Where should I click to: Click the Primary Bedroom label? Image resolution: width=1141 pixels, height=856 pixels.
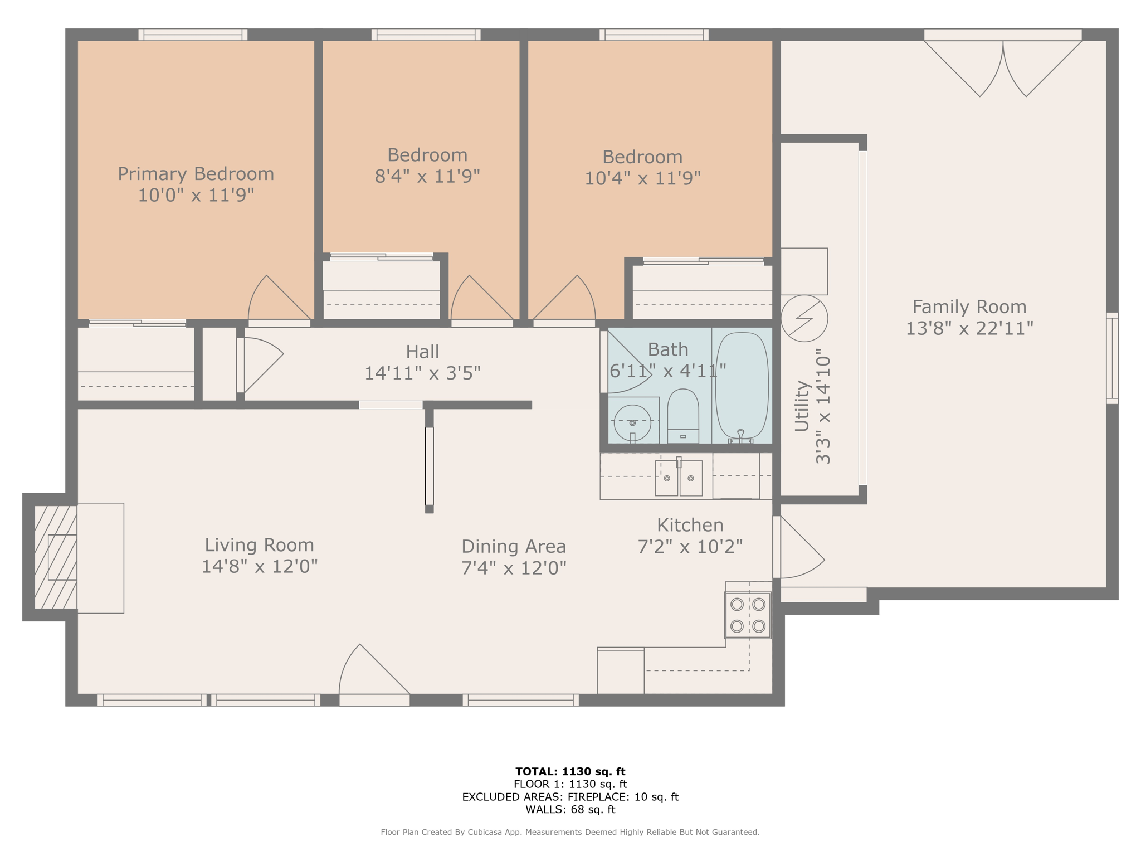click(196, 174)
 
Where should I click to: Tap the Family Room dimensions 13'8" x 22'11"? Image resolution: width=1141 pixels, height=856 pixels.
click(969, 328)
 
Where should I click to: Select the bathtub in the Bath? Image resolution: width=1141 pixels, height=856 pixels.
click(742, 386)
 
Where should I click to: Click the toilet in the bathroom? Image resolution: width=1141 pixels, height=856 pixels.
click(683, 416)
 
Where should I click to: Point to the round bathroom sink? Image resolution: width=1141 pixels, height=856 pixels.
click(632, 423)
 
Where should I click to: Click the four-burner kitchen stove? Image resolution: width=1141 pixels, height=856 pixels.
click(748, 615)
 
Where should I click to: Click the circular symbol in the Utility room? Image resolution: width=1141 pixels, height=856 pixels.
click(804, 318)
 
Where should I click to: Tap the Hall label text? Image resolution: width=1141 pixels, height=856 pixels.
click(422, 352)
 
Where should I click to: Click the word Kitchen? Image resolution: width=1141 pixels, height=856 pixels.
click(690, 525)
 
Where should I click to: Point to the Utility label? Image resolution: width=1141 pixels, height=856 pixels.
click(802, 406)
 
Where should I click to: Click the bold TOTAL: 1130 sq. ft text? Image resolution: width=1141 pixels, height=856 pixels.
click(570, 771)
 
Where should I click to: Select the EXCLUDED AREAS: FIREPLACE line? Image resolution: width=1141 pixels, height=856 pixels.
click(570, 797)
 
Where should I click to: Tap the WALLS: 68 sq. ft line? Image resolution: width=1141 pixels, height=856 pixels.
click(570, 810)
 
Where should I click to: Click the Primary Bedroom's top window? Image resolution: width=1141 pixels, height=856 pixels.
click(193, 35)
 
